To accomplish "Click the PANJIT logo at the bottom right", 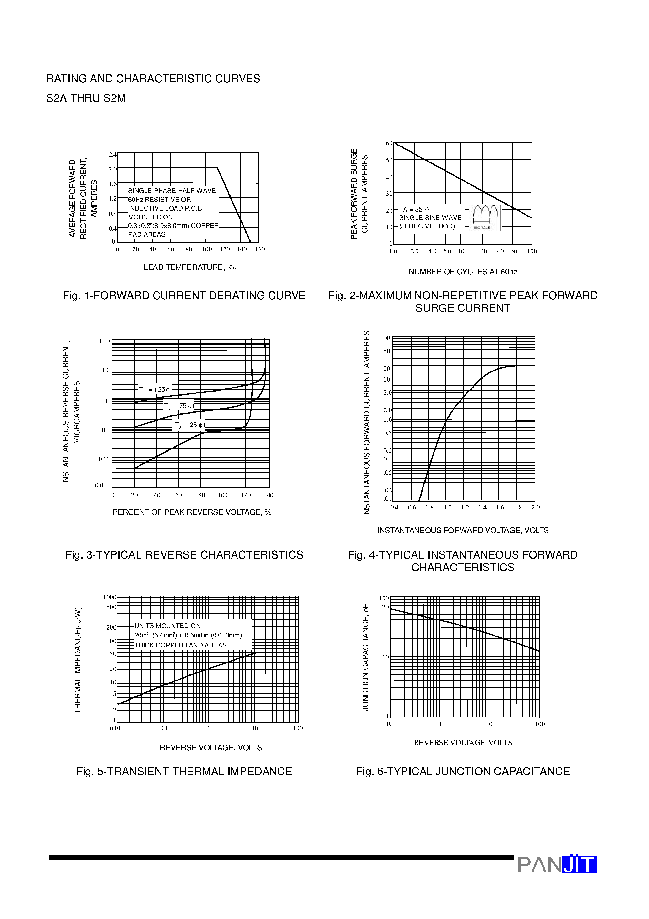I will coord(557,865).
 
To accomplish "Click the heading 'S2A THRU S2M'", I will coord(86,98).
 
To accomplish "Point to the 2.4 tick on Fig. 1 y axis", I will coord(112,155).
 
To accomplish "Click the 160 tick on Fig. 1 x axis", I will coord(260,249).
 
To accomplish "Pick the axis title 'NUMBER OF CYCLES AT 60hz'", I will coord(462,272).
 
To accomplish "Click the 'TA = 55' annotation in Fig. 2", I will coord(415,209).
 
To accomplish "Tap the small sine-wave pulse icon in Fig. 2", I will coord(486,217).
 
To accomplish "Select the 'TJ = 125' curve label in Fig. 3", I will coord(155,389).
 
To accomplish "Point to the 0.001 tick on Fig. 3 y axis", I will coord(102,485).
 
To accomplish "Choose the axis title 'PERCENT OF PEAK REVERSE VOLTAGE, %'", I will coord(192,512).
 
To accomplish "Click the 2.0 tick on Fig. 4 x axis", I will coord(535,508).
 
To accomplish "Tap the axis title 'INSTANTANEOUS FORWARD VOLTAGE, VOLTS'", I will coord(463,530).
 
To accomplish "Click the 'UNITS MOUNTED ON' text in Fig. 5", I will coord(167,626).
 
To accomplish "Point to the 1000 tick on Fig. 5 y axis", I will coord(110,597).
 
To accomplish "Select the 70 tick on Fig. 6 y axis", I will coord(385,607).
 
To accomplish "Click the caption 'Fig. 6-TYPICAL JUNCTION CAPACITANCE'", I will coord(462,771).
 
